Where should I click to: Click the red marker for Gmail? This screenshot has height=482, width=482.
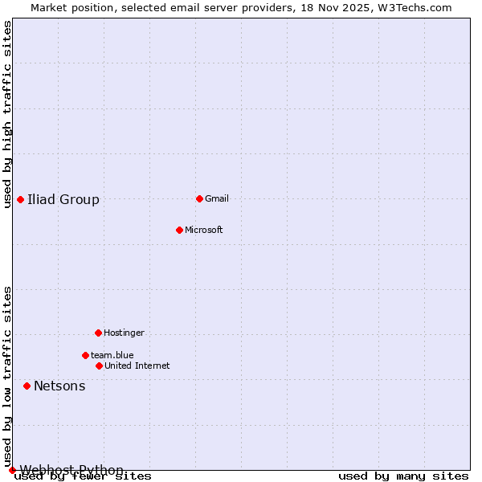pos(199,198)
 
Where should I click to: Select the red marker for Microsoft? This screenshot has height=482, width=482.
pos(179,230)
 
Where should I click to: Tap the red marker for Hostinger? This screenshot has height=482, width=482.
pos(98,333)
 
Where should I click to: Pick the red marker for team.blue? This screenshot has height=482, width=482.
pos(85,355)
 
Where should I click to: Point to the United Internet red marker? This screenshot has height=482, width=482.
pos(99,366)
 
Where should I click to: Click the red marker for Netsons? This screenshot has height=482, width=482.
pos(27,386)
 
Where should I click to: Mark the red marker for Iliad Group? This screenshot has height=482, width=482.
pos(20,199)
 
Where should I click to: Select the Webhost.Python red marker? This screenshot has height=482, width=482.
pos(12,470)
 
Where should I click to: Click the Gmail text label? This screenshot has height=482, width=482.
pos(217,198)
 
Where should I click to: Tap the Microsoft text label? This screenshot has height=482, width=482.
pos(204,230)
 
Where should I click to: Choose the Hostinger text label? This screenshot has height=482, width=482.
pos(124,333)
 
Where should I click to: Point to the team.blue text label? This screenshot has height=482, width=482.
pos(112,355)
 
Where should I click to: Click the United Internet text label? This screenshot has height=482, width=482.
pos(137,366)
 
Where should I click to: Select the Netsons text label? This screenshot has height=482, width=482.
pos(59,386)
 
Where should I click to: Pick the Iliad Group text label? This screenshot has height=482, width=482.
pos(63,200)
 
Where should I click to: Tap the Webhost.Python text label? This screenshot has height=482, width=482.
pos(71,470)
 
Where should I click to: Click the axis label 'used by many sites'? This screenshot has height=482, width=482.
pos(403,476)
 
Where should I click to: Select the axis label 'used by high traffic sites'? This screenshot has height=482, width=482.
pos(8,114)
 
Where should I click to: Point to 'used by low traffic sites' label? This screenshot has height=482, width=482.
pos(8,376)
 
